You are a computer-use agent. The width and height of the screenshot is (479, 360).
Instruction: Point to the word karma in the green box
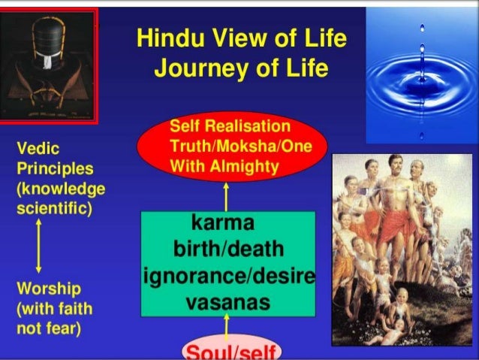pyautogui.click(x=225, y=223)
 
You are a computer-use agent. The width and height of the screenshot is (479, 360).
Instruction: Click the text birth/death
pyautogui.click(x=227, y=249)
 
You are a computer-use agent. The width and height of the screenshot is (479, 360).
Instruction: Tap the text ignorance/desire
pyautogui.click(x=227, y=277)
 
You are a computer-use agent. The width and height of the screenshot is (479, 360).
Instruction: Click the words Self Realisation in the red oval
pyautogui.click(x=225, y=125)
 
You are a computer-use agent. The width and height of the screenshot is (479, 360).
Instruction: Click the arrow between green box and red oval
pyautogui.click(x=225, y=196)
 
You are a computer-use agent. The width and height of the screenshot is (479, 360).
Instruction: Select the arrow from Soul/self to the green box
pyautogui.click(x=225, y=327)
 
